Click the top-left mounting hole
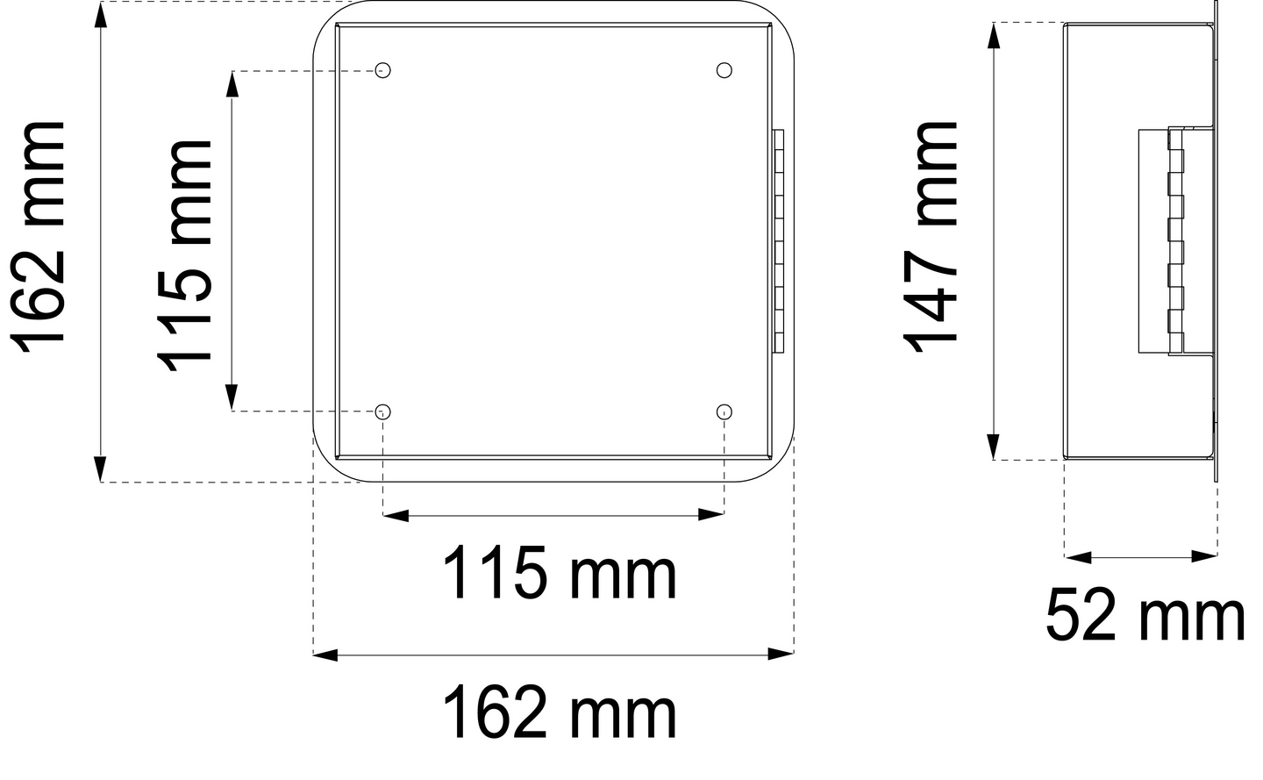click(x=382, y=70)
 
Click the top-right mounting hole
click(x=724, y=70)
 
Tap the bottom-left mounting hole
click(x=382, y=411)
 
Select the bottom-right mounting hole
click(x=724, y=411)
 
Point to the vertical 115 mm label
click(x=185, y=254)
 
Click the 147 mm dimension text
click(x=933, y=238)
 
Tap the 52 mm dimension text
click(x=1145, y=617)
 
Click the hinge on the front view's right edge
click(x=778, y=241)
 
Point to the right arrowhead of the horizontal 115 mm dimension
click(x=711, y=515)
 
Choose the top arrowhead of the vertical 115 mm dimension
click(x=232, y=83)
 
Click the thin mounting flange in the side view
click(x=1216, y=241)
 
